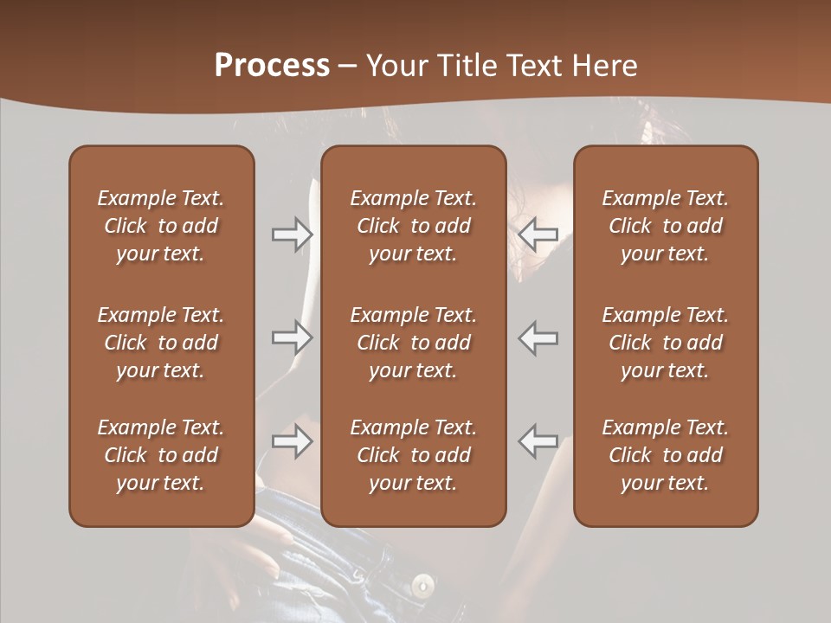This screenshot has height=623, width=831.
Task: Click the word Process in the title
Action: point(272,66)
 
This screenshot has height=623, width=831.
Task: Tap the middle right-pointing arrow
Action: point(292,337)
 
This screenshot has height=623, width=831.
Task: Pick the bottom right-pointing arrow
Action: point(292,442)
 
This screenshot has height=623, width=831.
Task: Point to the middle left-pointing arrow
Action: point(538,337)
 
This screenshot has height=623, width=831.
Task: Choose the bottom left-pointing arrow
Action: point(538,442)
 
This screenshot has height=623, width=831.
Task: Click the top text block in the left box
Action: point(161,226)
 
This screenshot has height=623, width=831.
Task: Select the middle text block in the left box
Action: point(161,343)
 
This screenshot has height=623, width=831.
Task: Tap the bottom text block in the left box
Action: point(161,455)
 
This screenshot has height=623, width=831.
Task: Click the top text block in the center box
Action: point(413,226)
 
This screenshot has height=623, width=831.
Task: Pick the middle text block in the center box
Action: point(413,343)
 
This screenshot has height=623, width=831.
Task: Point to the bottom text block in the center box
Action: point(413,455)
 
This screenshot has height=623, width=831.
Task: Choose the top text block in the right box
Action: point(666,226)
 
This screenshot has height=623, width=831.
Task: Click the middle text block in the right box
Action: point(666,343)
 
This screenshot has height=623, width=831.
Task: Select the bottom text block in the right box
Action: point(666,455)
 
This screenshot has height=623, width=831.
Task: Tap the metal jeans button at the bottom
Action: point(422,585)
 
